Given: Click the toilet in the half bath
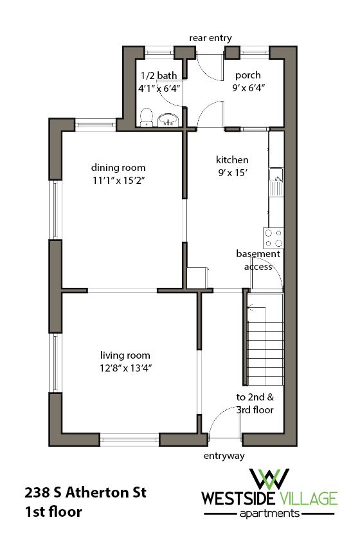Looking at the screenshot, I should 146,118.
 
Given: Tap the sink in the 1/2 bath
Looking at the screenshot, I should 170,119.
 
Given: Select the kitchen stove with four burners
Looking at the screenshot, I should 273,237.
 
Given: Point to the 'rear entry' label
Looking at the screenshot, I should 210,38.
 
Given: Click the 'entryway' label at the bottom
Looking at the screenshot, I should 224,456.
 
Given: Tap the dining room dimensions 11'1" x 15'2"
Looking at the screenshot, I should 118,181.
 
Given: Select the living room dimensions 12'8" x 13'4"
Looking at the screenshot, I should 125,368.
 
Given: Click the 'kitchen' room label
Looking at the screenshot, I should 232,160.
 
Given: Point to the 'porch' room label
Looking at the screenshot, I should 248,75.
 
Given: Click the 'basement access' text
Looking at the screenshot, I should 258,260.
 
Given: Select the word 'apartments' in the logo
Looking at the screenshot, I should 268,514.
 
